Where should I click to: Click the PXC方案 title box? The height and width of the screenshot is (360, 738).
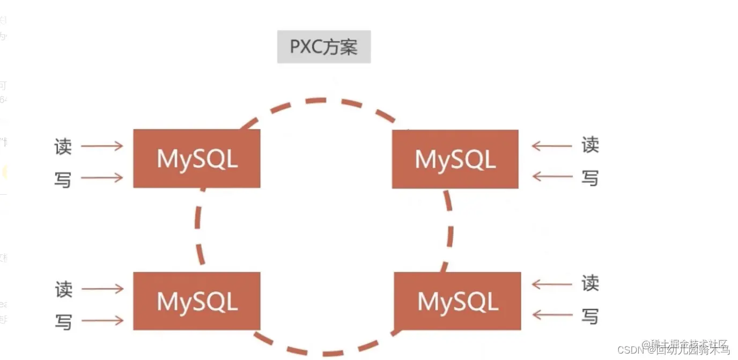point(323,47)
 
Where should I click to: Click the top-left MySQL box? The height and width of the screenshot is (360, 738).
point(196,158)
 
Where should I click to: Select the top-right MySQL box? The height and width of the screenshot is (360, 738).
point(455,159)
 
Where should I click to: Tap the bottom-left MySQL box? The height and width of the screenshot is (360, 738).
point(196,301)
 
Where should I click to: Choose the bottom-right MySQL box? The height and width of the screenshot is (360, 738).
point(457,301)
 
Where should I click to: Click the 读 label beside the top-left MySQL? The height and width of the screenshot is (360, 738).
point(63,146)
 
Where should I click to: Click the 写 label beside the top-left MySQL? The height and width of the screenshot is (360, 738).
point(63,179)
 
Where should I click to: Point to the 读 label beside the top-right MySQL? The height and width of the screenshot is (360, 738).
point(590,145)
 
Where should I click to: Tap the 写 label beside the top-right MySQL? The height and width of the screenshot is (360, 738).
point(590,177)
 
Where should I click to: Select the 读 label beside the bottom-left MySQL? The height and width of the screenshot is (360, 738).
point(63,289)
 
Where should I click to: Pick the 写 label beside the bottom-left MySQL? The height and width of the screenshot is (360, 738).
point(63,321)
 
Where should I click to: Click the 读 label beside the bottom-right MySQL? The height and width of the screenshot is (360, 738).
point(590,283)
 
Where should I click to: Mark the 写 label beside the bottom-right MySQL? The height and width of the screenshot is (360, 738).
point(590,316)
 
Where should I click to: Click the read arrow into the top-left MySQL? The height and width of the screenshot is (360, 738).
point(102,146)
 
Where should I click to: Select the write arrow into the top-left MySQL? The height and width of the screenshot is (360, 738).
point(102,178)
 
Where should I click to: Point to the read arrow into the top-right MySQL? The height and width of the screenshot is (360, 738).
point(551,145)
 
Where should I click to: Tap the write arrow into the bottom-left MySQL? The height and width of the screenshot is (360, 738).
point(102,321)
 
